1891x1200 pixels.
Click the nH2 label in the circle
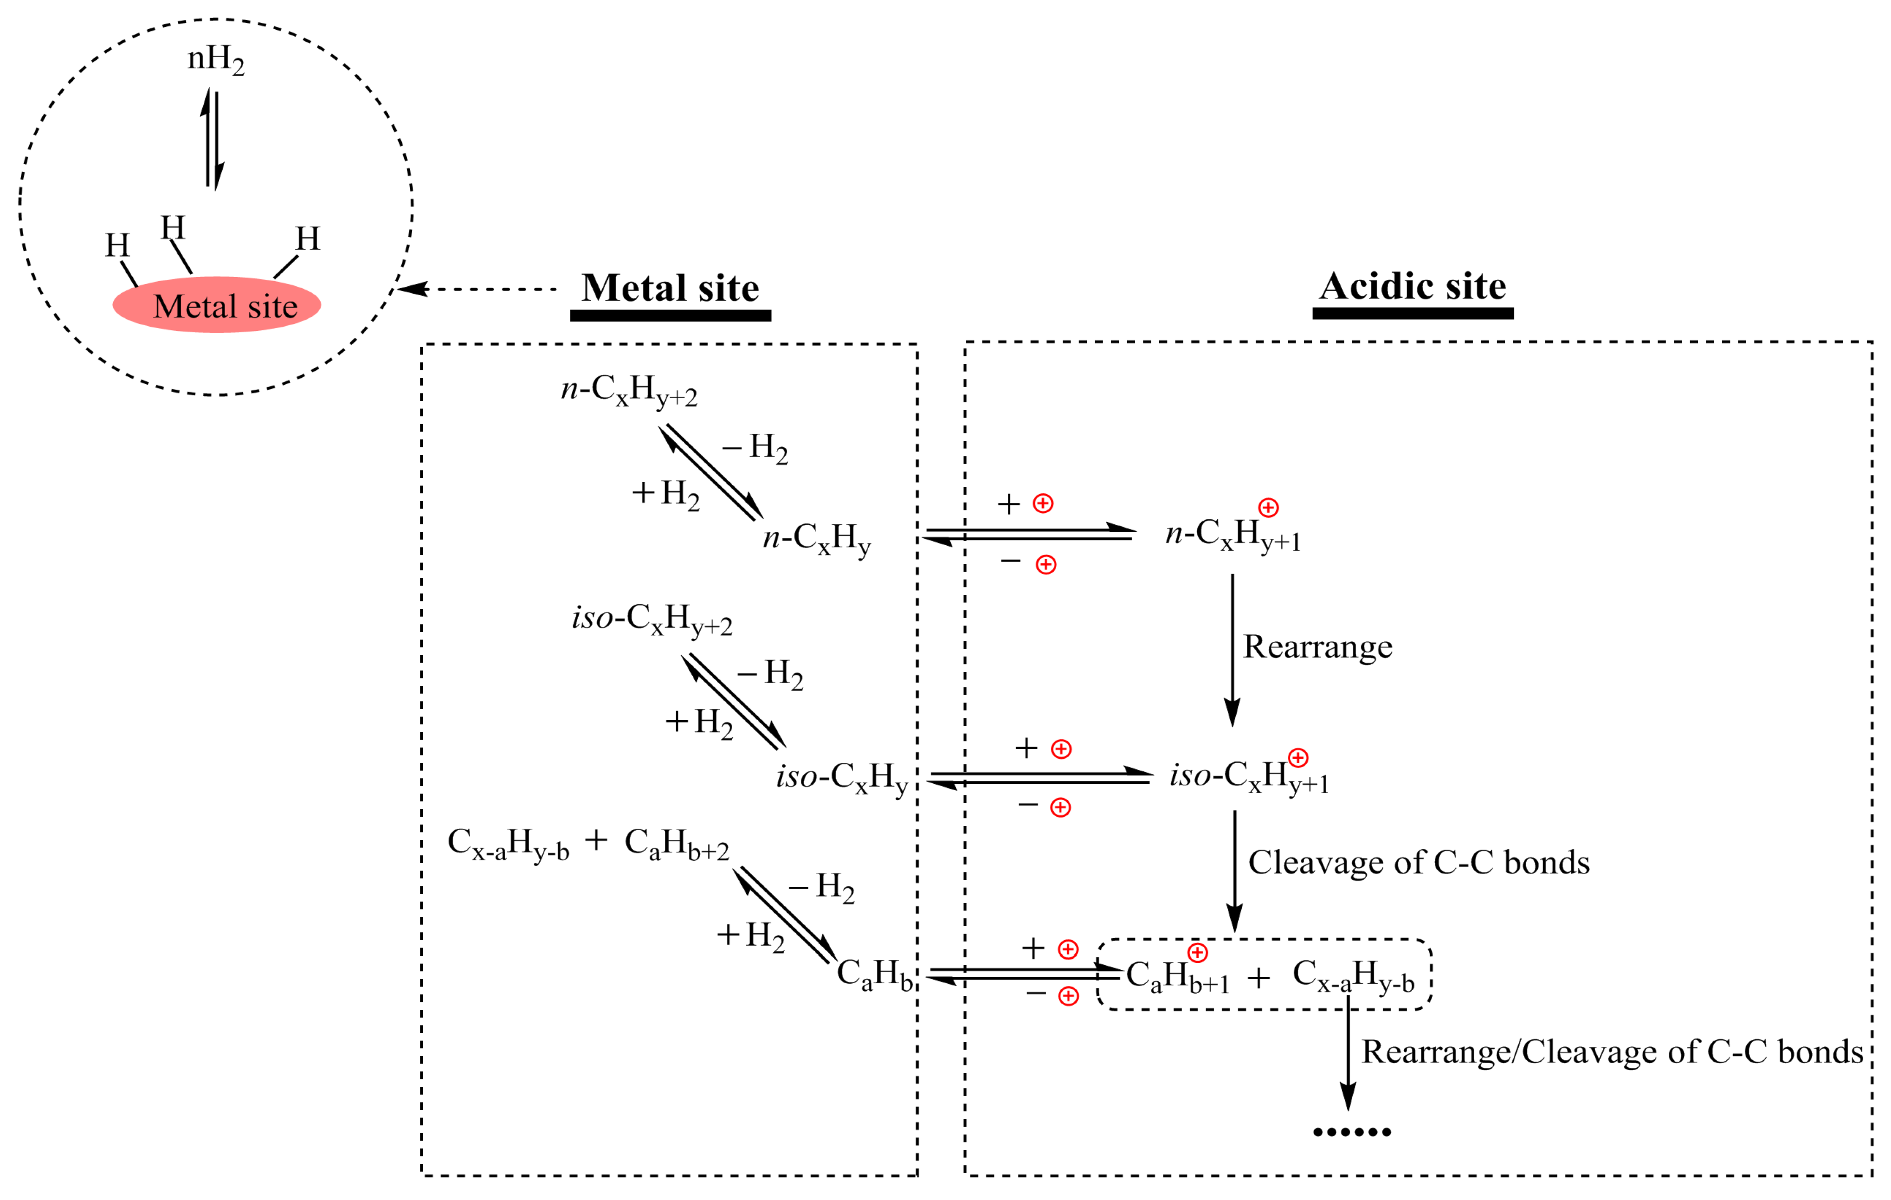point(215,60)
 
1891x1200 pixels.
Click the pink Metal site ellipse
point(217,305)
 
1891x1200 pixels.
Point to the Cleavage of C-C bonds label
point(1418,862)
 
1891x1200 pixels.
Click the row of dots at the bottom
point(1351,1132)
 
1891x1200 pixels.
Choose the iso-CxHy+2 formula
point(652,619)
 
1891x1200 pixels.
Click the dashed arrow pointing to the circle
point(479,289)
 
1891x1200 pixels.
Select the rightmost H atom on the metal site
point(307,239)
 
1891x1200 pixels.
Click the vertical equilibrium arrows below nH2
point(212,140)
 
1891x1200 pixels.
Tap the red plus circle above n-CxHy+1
point(1268,507)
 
